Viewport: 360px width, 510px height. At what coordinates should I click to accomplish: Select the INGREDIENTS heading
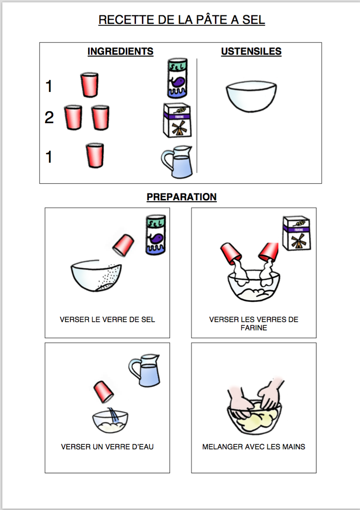tap(120, 51)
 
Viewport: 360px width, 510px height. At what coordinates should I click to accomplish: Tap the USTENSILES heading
tap(251, 51)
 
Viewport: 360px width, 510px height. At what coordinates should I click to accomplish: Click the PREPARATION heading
tap(181, 197)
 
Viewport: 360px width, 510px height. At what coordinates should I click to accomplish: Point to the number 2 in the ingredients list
tap(49, 118)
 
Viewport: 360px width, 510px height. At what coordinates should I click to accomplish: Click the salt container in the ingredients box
tap(177, 79)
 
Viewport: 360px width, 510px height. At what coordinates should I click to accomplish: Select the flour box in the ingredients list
tap(177, 120)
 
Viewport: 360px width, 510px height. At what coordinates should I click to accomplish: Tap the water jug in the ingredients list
tap(177, 162)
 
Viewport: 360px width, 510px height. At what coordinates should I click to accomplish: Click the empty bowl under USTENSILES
tap(251, 96)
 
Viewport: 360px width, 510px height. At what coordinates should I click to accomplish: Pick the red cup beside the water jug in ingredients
tap(95, 155)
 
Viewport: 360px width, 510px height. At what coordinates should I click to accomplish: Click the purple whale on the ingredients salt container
tap(178, 82)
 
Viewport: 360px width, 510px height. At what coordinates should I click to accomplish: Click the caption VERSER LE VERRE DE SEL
tap(107, 320)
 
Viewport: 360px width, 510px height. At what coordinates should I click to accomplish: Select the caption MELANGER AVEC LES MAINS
tap(253, 447)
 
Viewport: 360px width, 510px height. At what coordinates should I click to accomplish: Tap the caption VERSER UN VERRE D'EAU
tap(107, 447)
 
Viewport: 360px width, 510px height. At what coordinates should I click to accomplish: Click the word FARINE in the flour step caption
tap(253, 328)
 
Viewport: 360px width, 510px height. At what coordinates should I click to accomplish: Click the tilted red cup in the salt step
tap(123, 244)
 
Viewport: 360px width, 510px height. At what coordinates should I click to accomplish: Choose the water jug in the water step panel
tap(144, 370)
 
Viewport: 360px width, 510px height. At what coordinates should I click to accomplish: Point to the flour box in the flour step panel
tap(296, 233)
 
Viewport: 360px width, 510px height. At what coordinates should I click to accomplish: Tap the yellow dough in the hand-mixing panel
tap(257, 418)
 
